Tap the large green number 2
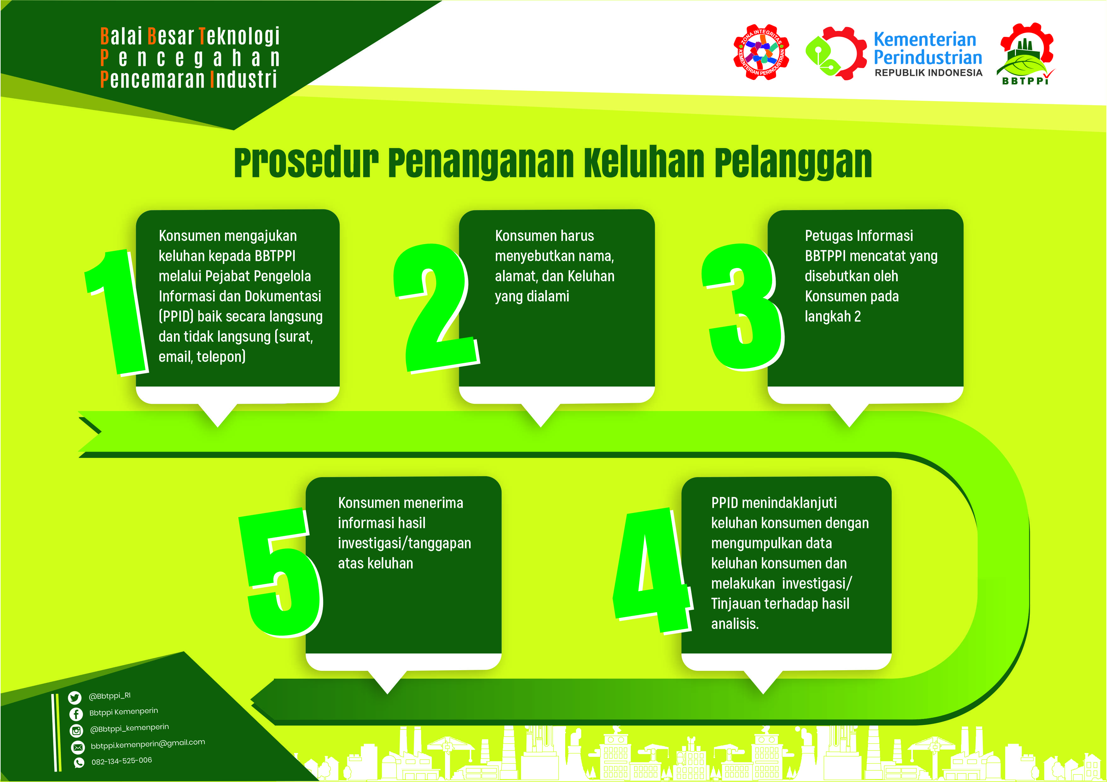coord(436,308)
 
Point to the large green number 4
coord(653,571)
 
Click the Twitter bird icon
coord(75,697)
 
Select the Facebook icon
coord(76,714)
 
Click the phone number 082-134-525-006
coord(121,761)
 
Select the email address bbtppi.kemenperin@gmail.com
coord(148,745)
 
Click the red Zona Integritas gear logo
coord(761,52)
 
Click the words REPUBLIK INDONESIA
coord(929,73)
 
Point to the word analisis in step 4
coord(735,624)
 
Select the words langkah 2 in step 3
coord(833,317)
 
